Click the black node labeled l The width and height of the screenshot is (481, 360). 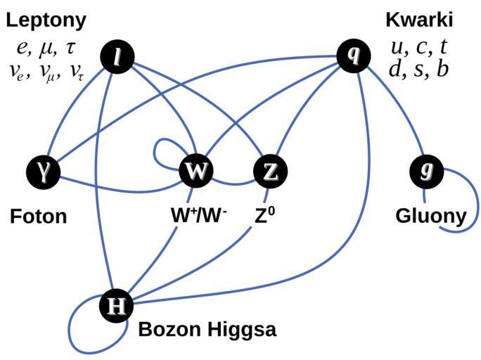[118, 57]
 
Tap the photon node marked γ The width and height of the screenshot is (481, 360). [42, 171]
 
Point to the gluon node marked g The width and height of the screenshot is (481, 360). [425, 171]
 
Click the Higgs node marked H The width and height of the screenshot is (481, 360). [117, 305]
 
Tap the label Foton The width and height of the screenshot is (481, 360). [39, 216]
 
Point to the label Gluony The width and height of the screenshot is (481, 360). [431, 216]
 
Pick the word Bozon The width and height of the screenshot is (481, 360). [166, 328]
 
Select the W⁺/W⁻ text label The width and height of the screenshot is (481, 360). [199, 215]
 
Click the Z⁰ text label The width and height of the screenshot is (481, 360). [264, 215]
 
